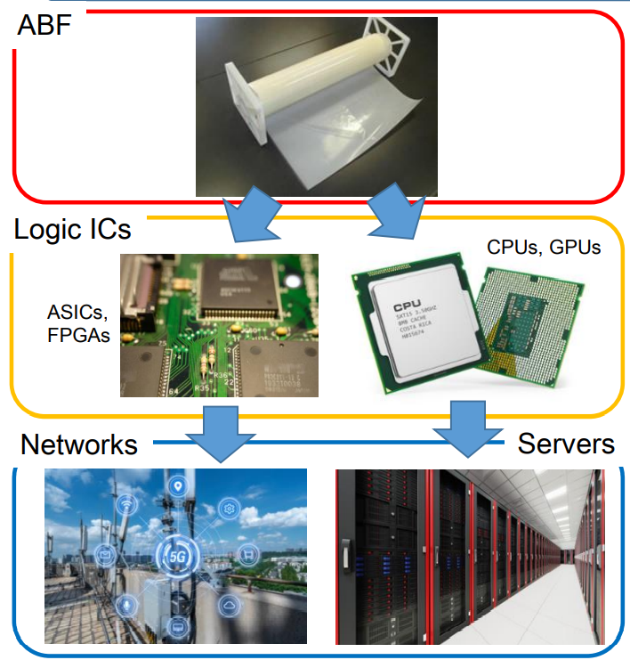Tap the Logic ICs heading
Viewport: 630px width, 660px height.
point(73,229)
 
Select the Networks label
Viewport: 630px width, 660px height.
point(79,444)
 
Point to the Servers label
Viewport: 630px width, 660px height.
point(566,443)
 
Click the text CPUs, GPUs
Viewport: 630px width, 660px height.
point(544,247)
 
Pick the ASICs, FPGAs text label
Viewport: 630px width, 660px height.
point(78,324)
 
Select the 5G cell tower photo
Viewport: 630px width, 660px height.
point(175,555)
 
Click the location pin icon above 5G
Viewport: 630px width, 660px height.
point(178,486)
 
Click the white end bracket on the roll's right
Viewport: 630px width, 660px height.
point(389,49)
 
